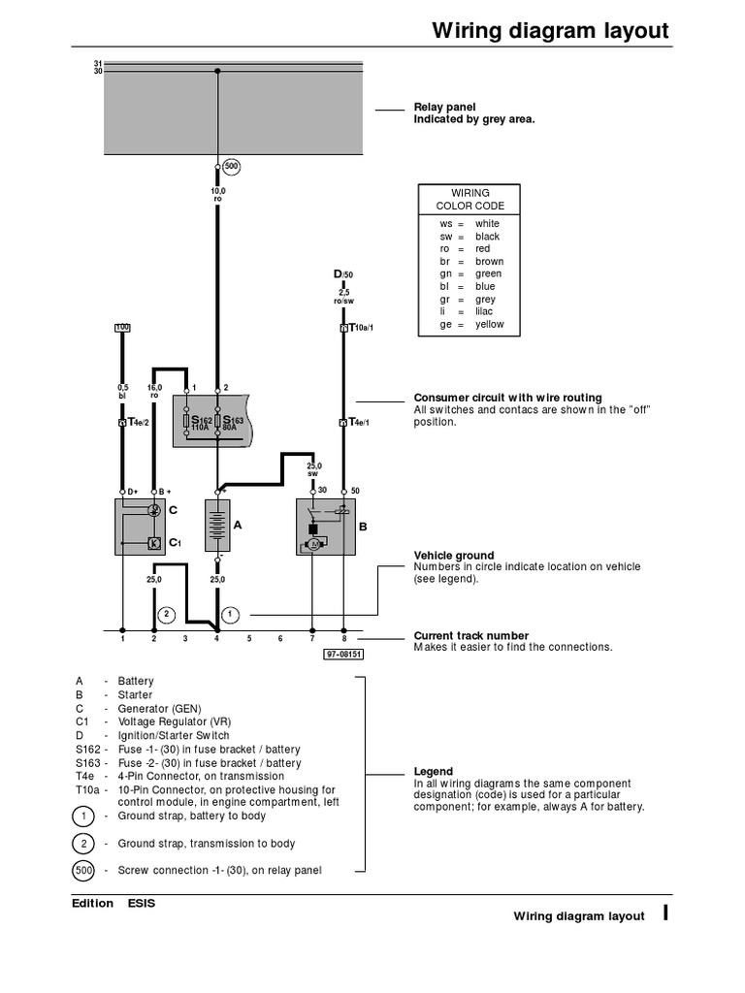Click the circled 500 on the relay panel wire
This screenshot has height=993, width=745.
[230, 167]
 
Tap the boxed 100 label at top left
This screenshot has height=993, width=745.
[122, 328]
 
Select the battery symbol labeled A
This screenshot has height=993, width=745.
[216, 527]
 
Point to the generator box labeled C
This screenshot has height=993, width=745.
[139, 527]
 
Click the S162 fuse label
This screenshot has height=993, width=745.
[200, 423]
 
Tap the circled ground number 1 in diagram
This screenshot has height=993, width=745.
[230, 614]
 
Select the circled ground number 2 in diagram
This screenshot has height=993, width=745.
[166, 614]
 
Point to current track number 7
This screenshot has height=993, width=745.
[311, 639]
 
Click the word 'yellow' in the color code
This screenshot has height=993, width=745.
[489, 325]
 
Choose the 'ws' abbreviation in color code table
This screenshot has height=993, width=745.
[446, 224]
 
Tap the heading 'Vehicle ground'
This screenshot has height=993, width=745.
[454, 556]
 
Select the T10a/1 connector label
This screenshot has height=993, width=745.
[355, 329]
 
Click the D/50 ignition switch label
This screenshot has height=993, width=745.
[343, 275]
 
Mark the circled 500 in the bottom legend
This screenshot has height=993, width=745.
[84, 871]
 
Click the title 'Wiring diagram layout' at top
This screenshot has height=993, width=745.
[550, 30]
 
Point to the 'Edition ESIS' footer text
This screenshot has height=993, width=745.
[113, 904]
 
